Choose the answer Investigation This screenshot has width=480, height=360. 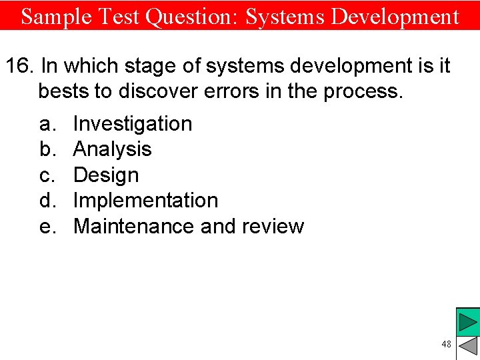[x=132, y=123]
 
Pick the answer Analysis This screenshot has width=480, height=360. [x=112, y=149]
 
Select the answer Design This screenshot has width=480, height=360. [x=105, y=175]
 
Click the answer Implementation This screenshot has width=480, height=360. [x=145, y=200]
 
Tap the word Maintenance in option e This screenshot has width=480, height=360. [x=134, y=226]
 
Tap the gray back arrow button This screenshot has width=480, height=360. [x=468, y=347]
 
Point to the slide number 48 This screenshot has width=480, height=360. [x=446, y=344]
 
